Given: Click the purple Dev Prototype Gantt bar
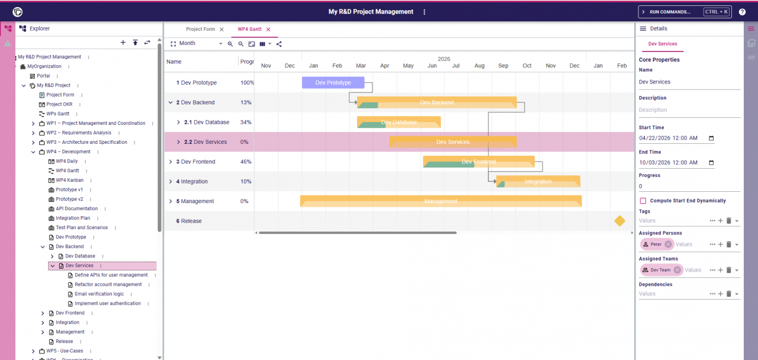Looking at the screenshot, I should (x=333, y=83).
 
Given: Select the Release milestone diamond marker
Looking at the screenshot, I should (x=619, y=221).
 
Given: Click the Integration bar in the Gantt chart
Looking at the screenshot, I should (x=538, y=182).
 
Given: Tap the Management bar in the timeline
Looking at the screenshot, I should (x=441, y=201).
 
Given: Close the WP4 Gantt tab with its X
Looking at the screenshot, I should (x=268, y=29).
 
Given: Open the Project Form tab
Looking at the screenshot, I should (x=200, y=29).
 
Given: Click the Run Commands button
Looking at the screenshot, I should (x=684, y=12).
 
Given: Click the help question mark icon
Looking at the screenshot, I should (x=742, y=12).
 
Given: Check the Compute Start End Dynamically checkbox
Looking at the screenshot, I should (x=643, y=201).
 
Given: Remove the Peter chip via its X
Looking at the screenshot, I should (x=668, y=245).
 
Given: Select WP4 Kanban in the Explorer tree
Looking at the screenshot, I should (x=69, y=180).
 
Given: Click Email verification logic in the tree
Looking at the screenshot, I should (x=99, y=294).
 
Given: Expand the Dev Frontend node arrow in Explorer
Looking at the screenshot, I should (x=43, y=313).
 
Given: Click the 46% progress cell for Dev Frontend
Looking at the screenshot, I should (x=246, y=162).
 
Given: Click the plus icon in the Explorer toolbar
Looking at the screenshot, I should (x=123, y=43).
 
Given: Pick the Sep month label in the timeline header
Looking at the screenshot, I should (x=503, y=66).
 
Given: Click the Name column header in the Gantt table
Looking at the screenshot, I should (x=174, y=62).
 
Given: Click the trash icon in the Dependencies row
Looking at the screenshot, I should (x=728, y=294).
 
